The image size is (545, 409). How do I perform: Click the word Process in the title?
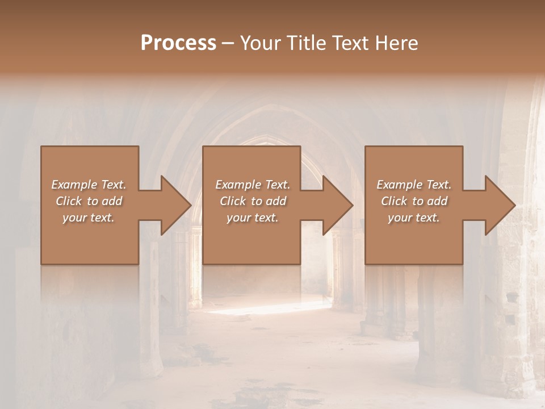(178, 43)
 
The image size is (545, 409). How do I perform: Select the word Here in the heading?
(396, 43)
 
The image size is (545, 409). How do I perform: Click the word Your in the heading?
(260, 43)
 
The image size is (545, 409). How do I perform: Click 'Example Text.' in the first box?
(89, 185)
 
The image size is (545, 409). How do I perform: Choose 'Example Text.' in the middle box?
(252, 185)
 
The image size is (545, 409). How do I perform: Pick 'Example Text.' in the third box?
(414, 185)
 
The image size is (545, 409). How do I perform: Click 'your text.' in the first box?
(89, 218)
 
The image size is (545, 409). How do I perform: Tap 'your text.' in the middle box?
(252, 218)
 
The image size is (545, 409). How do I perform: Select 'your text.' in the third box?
(414, 218)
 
